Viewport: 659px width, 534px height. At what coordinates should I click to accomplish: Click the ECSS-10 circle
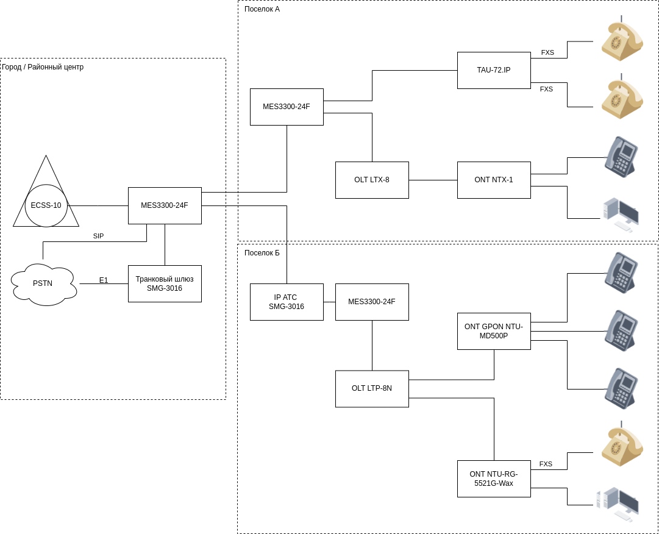(46, 205)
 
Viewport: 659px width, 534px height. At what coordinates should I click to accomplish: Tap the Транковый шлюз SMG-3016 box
(165, 283)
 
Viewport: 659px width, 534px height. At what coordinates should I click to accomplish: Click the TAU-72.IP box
(494, 70)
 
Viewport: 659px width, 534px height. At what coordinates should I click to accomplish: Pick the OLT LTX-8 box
(372, 180)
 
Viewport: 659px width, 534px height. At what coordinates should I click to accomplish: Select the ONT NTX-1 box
(494, 180)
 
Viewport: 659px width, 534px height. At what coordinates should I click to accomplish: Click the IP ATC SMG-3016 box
(287, 302)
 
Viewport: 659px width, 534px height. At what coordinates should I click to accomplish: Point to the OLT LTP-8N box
(372, 388)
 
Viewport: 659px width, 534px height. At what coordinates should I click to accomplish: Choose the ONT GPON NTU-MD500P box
(494, 331)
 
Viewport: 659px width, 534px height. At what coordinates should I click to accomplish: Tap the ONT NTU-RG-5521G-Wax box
(494, 479)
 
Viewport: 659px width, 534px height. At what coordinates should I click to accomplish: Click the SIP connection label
(98, 236)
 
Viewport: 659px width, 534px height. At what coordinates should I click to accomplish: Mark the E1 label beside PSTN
(104, 280)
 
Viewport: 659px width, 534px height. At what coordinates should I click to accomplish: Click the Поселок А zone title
(262, 9)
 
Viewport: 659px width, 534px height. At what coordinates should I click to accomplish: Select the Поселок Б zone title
(262, 253)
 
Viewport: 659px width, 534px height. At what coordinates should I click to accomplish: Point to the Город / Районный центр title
(43, 67)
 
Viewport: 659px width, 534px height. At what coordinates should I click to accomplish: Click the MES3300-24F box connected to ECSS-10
(165, 205)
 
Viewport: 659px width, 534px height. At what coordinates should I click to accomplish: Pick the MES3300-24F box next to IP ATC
(372, 302)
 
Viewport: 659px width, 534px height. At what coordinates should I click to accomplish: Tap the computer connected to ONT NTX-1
(621, 215)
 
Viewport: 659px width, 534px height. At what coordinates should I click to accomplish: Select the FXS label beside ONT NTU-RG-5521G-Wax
(546, 464)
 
